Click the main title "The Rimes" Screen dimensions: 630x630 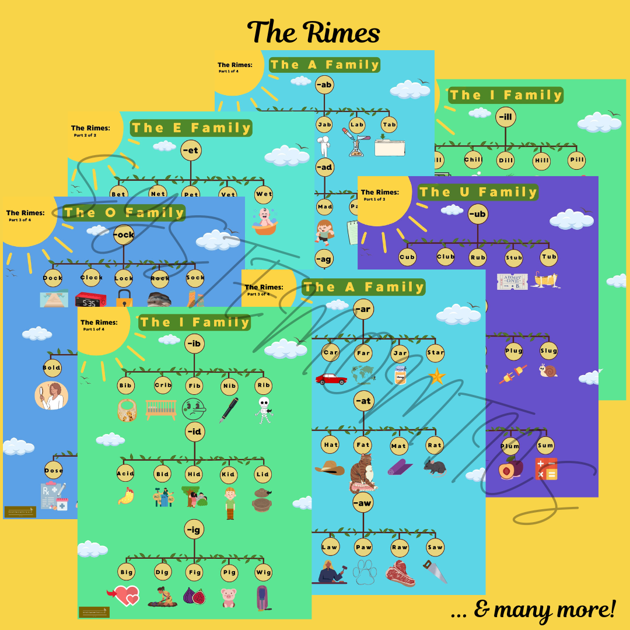click(x=314, y=32)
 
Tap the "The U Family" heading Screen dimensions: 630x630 click(x=478, y=192)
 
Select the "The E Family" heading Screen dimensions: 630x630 click(x=191, y=128)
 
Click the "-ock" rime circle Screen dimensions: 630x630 click(x=124, y=235)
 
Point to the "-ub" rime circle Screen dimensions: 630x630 click(x=477, y=214)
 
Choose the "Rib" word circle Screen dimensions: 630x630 click(x=264, y=386)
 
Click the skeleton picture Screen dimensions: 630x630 click(x=264, y=409)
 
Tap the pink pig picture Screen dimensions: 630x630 click(x=228, y=597)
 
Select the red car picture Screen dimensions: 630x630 click(x=331, y=379)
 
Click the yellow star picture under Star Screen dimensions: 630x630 click(x=436, y=376)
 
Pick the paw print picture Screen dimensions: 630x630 click(x=364, y=572)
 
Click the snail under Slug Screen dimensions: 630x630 click(x=548, y=371)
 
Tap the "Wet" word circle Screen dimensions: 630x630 click(x=264, y=193)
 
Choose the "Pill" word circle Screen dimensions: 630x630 click(x=576, y=160)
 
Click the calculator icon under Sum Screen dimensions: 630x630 click(x=546, y=469)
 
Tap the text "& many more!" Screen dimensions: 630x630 click(x=533, y=610)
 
